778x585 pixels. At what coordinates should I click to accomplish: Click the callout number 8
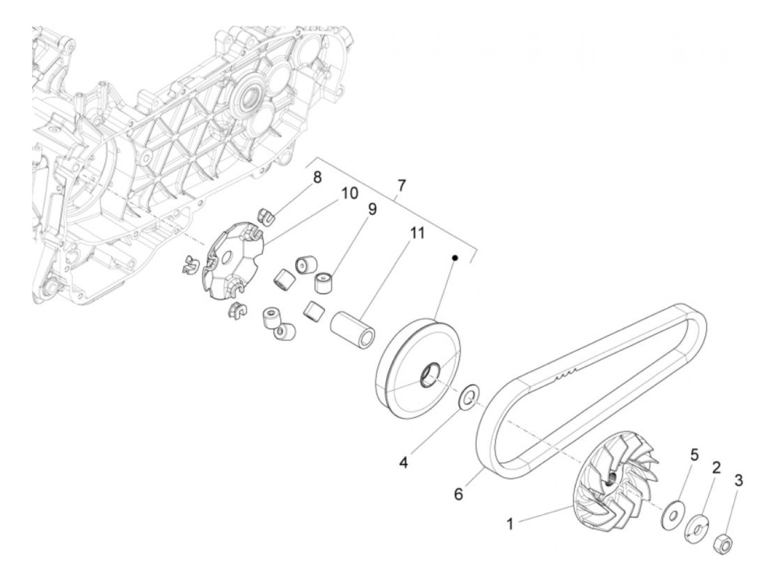coord(317,178)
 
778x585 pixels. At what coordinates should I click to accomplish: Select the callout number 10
coord(350,194)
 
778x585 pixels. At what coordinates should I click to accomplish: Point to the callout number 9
coord(372,209)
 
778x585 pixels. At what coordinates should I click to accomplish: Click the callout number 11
coord(416,232)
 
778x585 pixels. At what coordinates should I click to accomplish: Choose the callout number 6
coord(458,493)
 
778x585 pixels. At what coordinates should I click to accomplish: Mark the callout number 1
coord(510,523)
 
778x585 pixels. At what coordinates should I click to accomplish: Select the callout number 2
coord(716,467)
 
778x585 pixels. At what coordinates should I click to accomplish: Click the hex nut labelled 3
coord(722,543)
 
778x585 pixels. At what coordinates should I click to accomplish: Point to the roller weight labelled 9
coord(323,282)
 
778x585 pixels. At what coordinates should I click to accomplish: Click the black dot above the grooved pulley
coord(455,258)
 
